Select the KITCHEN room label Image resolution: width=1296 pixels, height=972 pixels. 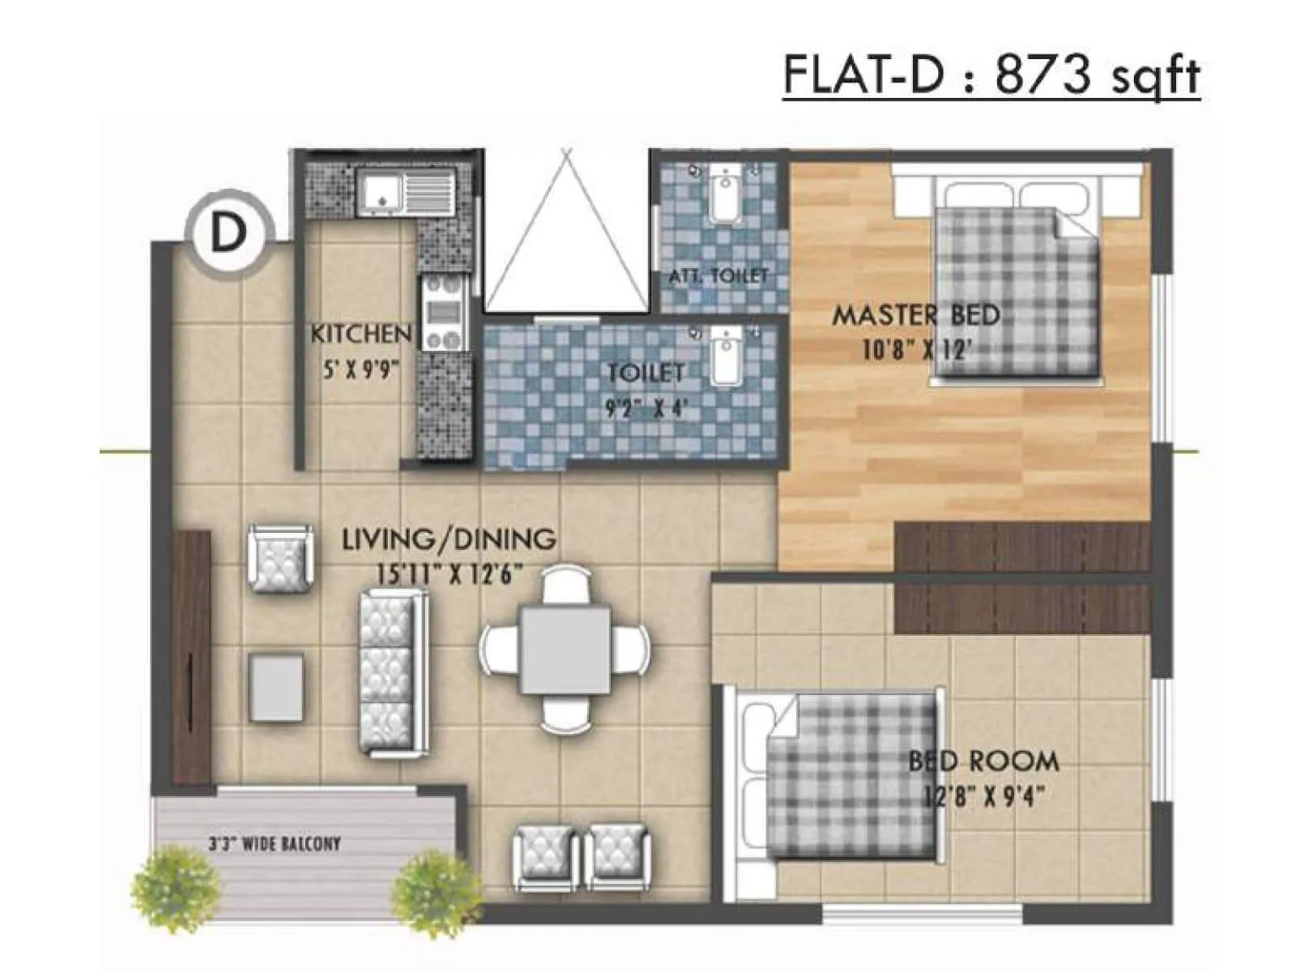[361, 333]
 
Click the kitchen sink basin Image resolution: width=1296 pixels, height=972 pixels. [382, 194]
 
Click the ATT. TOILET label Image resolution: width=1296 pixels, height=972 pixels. [718, 275]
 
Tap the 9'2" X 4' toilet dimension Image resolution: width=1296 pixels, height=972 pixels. [647, 407]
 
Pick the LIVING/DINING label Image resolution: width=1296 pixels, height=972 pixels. [449, 539]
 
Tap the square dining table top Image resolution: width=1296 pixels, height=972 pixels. [565, 650]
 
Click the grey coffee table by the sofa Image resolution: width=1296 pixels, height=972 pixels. [276, 688]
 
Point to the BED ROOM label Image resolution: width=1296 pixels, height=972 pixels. [983, 761]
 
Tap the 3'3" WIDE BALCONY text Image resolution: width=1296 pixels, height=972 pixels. [275, 844]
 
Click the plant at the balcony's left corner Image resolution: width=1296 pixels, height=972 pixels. [174, 889]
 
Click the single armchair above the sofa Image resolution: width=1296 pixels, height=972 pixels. [280, 558]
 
